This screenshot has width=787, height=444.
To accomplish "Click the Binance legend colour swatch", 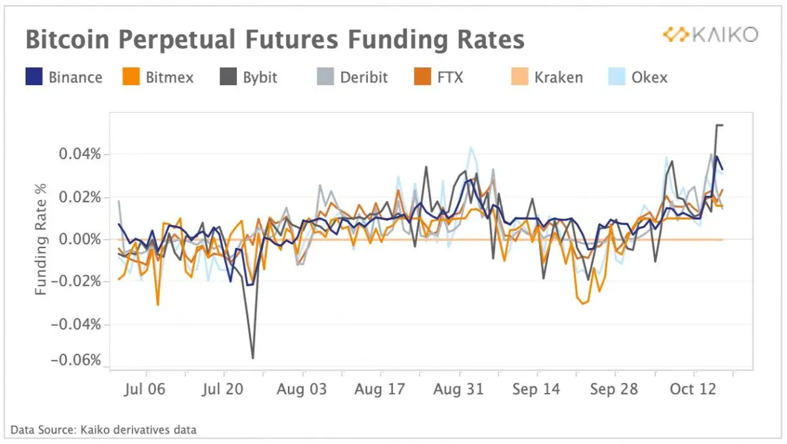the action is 34,77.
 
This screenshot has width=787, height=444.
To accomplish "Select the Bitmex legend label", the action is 170,77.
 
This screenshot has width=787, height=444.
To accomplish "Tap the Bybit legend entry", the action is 249,77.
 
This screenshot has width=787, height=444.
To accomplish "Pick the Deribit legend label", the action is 364,77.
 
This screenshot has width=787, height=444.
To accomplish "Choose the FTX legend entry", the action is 439,77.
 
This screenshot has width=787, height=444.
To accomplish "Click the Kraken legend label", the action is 559,77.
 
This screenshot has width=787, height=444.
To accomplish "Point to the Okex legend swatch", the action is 617,77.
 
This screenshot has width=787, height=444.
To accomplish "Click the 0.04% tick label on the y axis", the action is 80,154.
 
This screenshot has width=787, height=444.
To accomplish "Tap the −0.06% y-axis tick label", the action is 76,360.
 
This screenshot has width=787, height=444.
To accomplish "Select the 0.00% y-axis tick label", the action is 80,240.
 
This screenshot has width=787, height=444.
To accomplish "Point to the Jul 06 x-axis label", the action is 144,389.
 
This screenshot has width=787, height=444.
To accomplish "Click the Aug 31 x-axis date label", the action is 458,389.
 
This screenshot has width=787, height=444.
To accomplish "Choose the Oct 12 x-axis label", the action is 693,389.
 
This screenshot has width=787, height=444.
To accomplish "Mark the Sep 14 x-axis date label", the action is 536,389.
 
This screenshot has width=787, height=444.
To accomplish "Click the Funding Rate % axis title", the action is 41,240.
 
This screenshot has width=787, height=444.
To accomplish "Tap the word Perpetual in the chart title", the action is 176,40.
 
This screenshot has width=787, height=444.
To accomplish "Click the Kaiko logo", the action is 710,35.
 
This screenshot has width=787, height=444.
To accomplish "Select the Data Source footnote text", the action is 104,430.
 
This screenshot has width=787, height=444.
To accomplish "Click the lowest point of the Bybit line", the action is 253,358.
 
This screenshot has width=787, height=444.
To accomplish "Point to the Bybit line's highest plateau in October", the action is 719,125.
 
